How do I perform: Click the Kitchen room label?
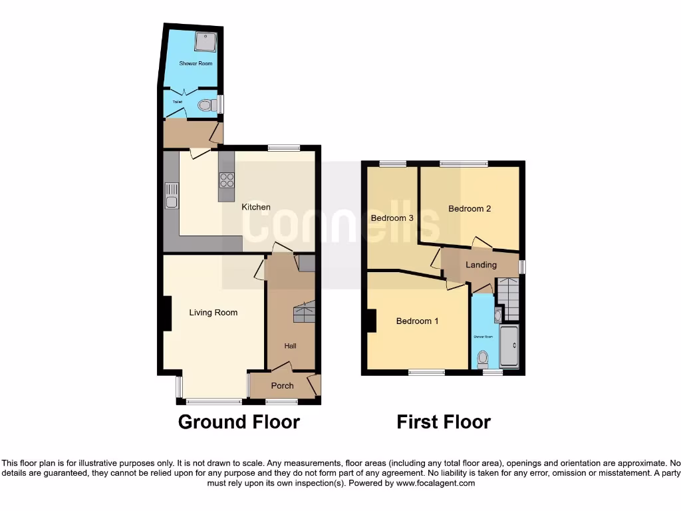[256, 207]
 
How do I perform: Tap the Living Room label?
[213, 312]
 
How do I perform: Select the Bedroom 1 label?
[417, 321]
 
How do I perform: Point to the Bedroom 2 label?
[470, 208]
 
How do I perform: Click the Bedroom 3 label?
[392, 218]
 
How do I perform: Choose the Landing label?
[481, 265]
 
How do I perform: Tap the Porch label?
[283, 386]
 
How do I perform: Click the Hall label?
[291, 346]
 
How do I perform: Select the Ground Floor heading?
[239, 422]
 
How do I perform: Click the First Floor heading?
[444, 422]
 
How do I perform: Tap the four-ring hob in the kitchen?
[227, 180]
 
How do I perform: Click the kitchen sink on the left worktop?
[171, 198]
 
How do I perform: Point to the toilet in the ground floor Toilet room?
[207, 105]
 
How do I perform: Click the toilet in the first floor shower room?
[483, 359]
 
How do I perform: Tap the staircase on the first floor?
[509, 298]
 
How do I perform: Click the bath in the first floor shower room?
[509, 346]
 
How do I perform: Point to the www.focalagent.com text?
[436, 483]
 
